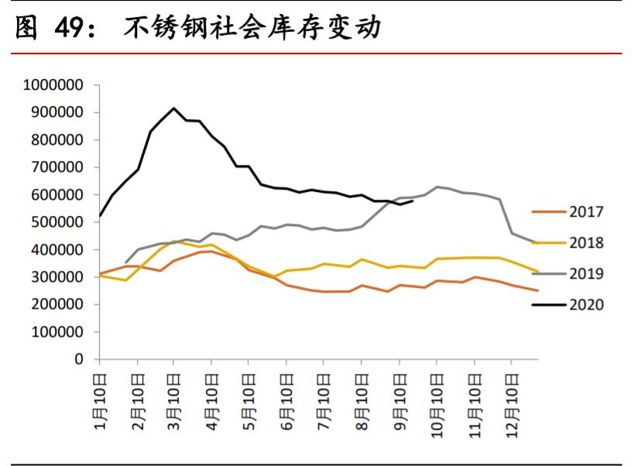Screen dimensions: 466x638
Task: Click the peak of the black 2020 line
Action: pyautogui.click(x=173, y=108)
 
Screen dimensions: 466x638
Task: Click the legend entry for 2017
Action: pyautogui.click(x=585, y=212)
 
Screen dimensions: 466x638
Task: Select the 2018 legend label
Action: pyautogui.click(x=585, y=243)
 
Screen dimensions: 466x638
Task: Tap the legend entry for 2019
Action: pyautogui.click(x=585, y=274)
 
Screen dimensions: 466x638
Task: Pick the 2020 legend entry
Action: pyautogui.click(x=585, y=305)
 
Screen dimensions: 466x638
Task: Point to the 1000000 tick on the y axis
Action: pyautogui.click(x=53, y=85)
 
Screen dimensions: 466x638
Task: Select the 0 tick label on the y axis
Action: pyautogui.click(x=79, y=359)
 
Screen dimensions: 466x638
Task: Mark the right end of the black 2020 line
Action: pyautogui.click(x=413, y=200)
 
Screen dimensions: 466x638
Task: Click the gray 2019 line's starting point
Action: pyautogui.click(x=125, y=262)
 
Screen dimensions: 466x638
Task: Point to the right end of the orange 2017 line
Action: pyautogui.click(x=537, y=290)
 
